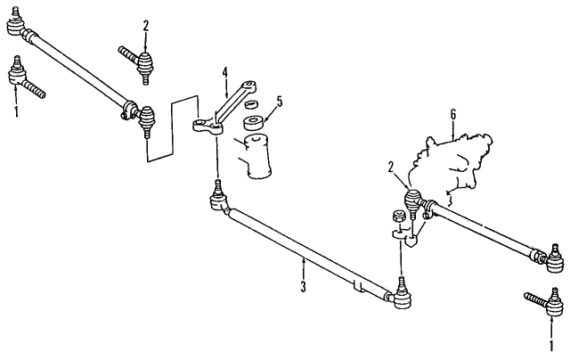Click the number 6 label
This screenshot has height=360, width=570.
coord(453,115)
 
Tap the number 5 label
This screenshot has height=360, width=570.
coord(279,102)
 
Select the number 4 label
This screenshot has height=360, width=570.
coord(225,73)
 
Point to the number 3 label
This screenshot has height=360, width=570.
coord(304,287)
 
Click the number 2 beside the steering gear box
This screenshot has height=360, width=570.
coord(391,168)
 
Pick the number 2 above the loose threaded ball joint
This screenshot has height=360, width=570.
coord(146,26)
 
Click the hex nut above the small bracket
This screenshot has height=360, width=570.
coord(398,217)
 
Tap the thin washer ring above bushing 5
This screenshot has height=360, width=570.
coord(251,105)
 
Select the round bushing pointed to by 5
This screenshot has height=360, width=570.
coord(254,123)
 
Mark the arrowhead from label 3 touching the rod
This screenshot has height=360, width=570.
coord(304,259)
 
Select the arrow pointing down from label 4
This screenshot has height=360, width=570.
coord(225,88)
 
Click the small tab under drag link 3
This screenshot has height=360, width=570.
coord(358,285)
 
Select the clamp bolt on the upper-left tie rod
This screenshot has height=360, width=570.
coord(125,115)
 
